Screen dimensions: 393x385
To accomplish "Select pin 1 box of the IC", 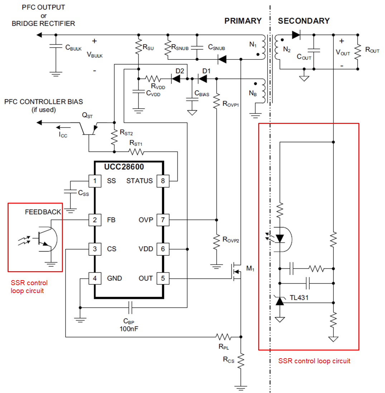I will coord(95,181).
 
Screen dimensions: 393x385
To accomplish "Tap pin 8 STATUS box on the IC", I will coord(163,181).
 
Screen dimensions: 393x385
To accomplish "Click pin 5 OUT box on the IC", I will coord(163,278).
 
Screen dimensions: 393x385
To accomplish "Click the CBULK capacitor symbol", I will coord(56,47).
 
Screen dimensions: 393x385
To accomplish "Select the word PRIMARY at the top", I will coord(243,21).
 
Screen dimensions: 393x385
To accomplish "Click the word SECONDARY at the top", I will coord(304,21).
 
